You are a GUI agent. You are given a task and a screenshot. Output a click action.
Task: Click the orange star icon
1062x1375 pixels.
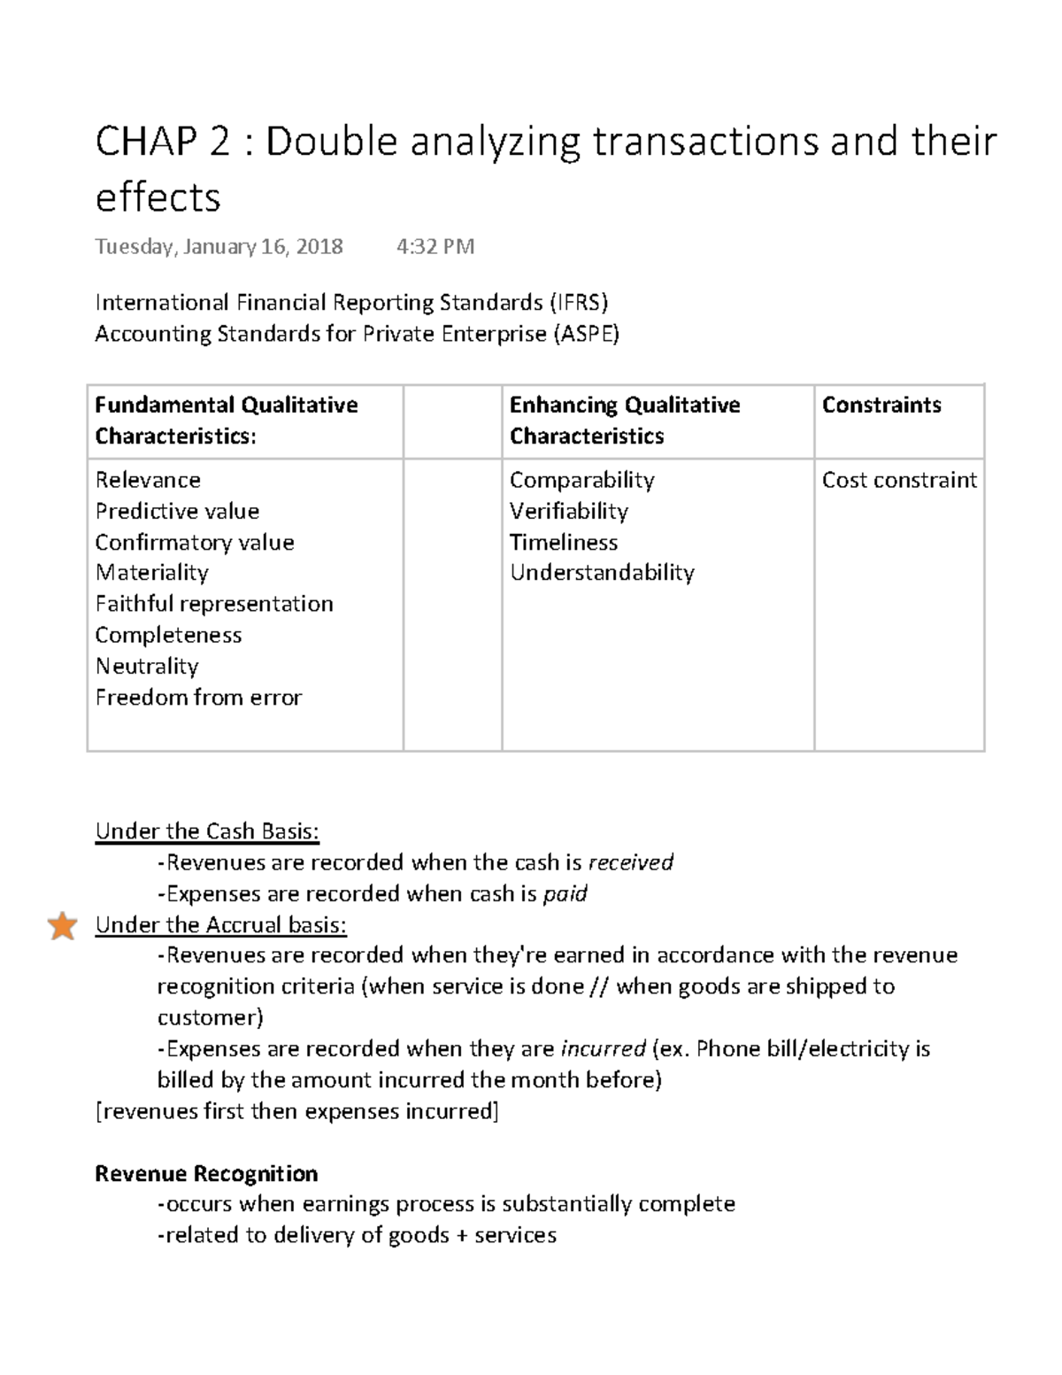coord(62,926)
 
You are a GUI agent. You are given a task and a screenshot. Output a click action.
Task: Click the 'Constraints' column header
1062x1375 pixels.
coord(881,406)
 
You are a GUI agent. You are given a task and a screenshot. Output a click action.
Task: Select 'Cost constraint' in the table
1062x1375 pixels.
coord(898,480)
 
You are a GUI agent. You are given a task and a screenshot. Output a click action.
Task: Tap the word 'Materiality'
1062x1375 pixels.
coord(151,573)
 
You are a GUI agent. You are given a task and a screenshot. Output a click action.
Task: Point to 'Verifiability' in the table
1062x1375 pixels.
coord(568,511)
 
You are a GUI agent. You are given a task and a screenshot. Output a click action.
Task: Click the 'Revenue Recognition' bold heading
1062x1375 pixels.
coord(206,1173)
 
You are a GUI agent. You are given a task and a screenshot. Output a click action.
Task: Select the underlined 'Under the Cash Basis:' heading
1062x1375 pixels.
coord(206,831)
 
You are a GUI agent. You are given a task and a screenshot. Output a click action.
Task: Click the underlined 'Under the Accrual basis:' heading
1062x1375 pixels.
coord(220,925)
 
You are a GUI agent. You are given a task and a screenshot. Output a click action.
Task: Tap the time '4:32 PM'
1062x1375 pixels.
coord(435,246)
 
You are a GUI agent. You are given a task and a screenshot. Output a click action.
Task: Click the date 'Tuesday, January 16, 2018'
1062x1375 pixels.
coord(219,246)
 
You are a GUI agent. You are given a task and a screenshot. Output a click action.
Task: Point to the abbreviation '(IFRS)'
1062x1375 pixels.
coord(579,303)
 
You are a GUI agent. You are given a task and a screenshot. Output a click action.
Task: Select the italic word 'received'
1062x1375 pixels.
coord(630,862)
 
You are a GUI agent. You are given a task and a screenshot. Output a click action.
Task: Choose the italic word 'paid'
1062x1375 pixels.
coord(565,893)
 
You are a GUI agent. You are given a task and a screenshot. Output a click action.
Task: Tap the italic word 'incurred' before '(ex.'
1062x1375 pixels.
coord(603,1049)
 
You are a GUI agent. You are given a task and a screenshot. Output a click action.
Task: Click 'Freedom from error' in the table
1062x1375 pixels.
coord(198,698)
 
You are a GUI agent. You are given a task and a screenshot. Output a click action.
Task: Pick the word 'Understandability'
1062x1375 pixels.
coord(602,573)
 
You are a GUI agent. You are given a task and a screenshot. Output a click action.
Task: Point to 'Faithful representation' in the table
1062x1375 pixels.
coord(214,604)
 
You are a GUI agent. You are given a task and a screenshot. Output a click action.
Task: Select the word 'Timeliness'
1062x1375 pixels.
coord(563,542)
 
